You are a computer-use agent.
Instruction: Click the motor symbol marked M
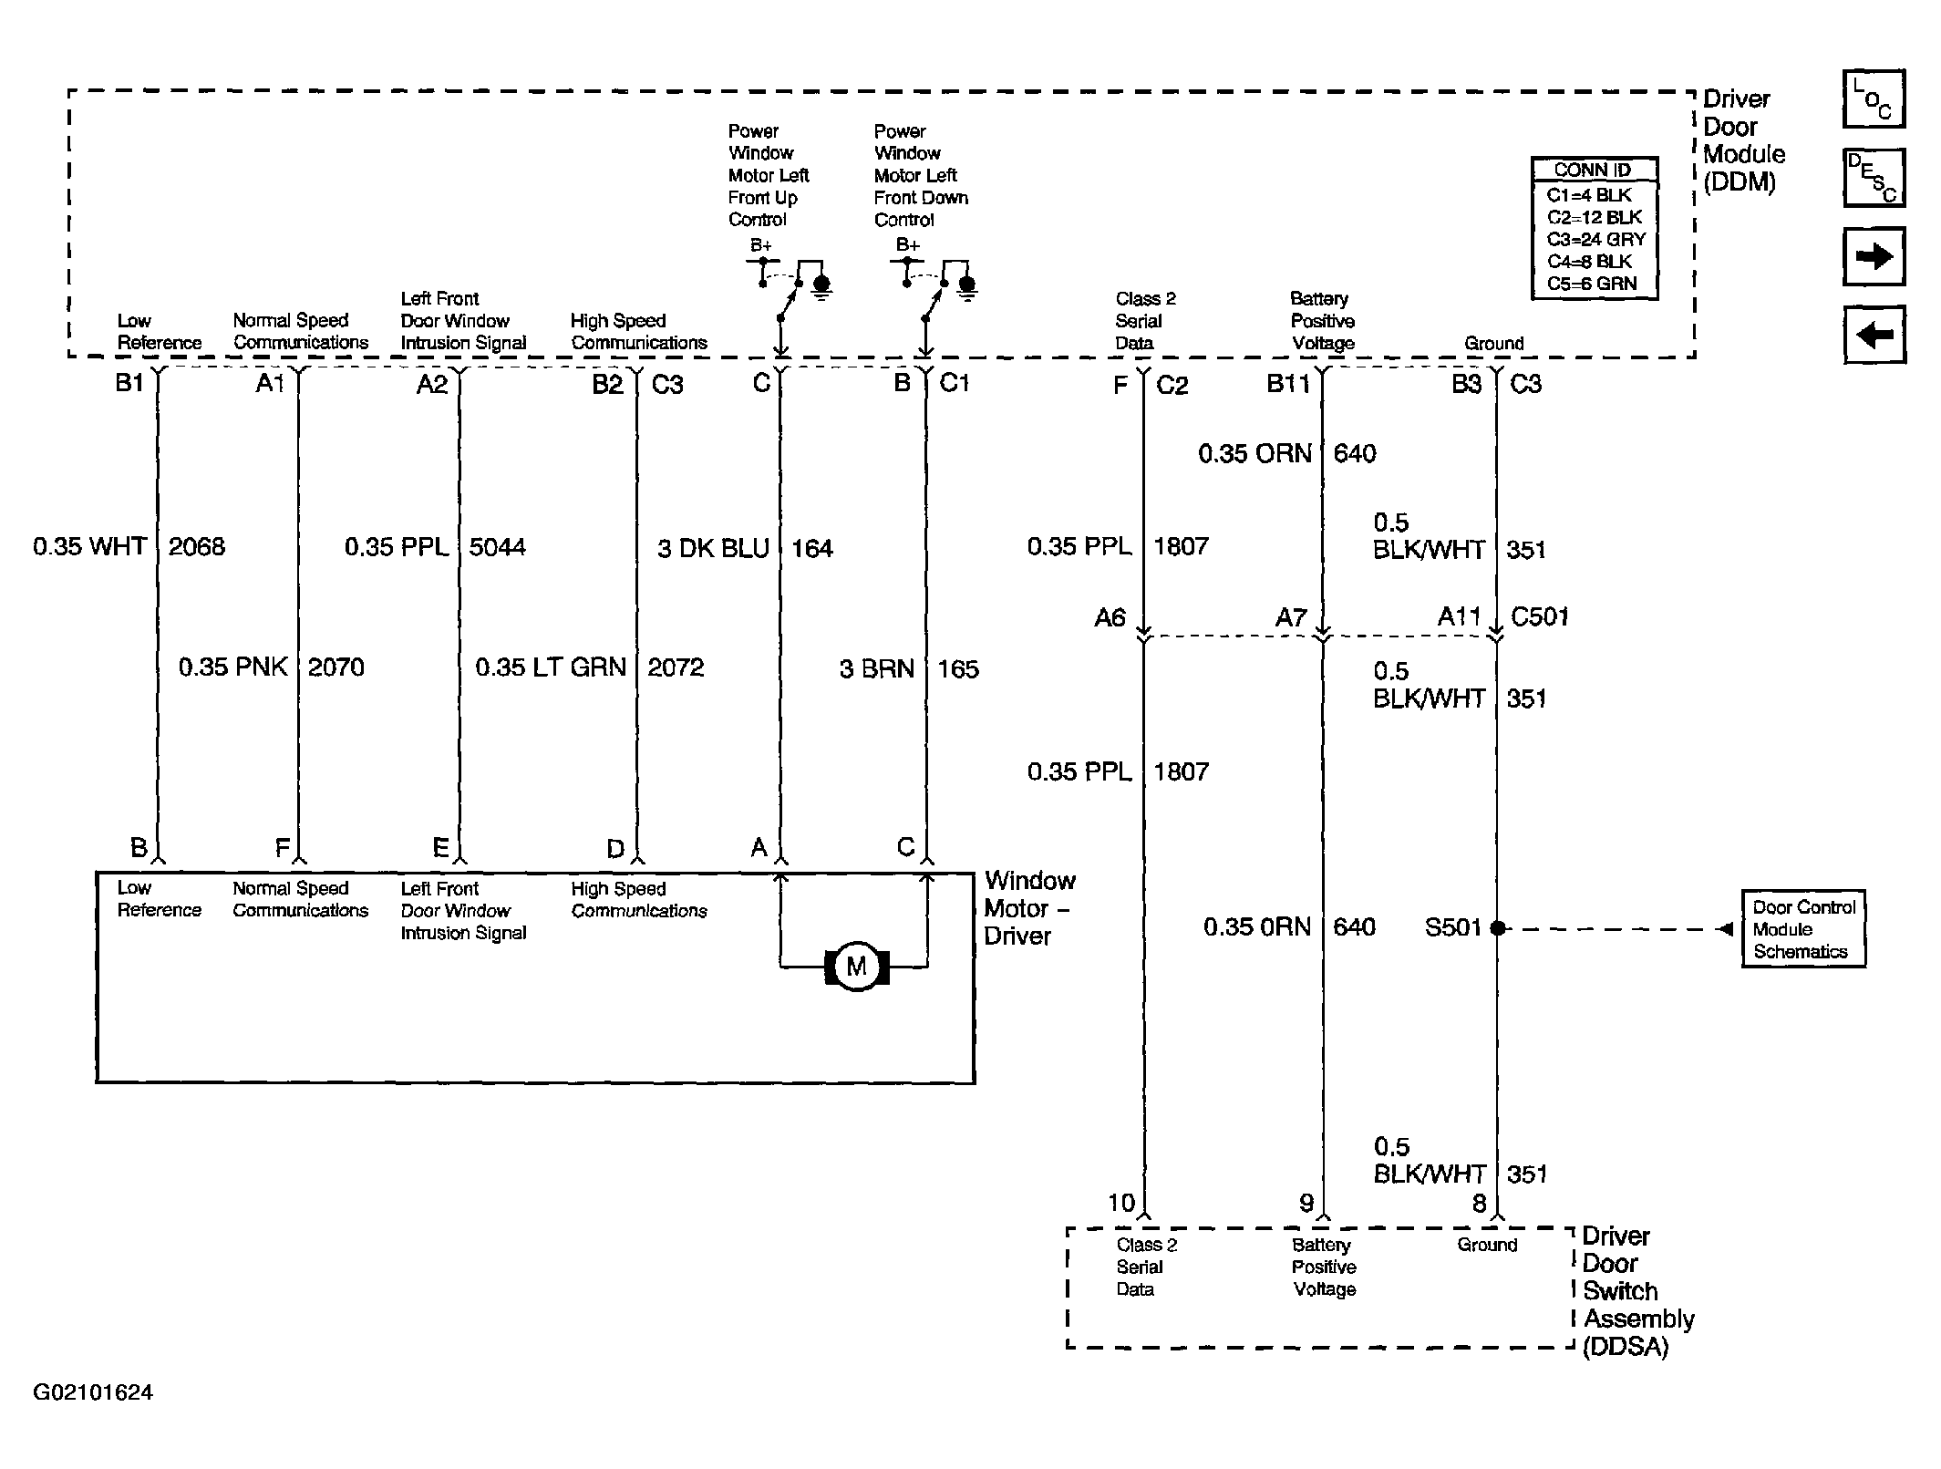(x=856, y=967)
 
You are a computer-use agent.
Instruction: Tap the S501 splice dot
(x=1497, y=928)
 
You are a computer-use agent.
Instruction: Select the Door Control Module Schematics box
(x=1803, y=929)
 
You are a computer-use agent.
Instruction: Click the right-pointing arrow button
(x=1874, y=257)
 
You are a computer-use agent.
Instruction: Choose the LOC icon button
(x=1874, y=98)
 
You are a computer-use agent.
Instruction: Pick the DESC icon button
(x=1874, y=178)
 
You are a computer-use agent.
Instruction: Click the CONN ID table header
(x=1593, y=170)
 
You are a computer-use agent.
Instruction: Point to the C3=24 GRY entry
(x=1596, y=240)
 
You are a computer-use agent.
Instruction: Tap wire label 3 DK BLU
(x=714, y=548)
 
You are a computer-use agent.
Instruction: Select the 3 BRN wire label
(x=876, y=669)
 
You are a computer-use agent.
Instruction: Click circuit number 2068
(x=197, y=546)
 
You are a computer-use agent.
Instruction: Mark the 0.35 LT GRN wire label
(x=551, y=667)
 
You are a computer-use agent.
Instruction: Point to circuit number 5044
(x=498, y=547)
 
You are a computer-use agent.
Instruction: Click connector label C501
(x=1540, y=616)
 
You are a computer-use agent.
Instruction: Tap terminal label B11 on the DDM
(x=1288, y=384)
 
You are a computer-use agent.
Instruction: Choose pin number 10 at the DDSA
(x=1121, y=1203)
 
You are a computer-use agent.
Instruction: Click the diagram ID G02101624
(x=93, y=1392)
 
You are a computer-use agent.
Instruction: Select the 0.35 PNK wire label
(x=233, y=667)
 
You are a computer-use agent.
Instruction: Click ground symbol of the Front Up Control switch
(x=821, y=286)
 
